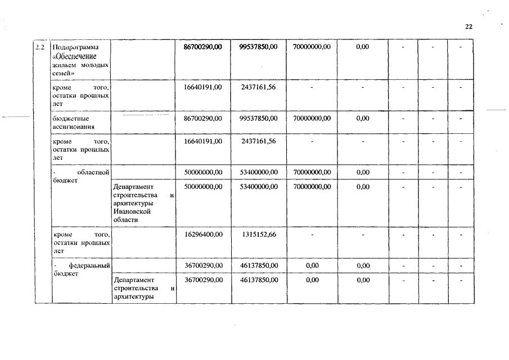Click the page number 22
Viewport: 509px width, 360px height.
click(x=469, y=26)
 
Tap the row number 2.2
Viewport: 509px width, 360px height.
click(x=40, y=47)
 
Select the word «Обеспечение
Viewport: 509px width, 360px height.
click(x=74, y=56)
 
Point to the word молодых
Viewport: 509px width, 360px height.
click(x=95, y=65)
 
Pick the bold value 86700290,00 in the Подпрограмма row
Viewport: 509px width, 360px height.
click(x=203, y=47)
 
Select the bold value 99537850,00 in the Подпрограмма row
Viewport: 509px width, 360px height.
click(x=259, y=47)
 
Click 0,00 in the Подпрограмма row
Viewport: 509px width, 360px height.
click(x=363, y=47)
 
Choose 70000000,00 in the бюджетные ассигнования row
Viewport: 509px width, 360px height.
click(x=312, y=119)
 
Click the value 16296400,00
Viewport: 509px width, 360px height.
click(x=204, y=234)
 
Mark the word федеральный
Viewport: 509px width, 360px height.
click(x=89, y=265)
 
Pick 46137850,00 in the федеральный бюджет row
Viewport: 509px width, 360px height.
click(x=259, y=265)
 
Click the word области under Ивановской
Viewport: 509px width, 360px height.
click(x=125, y=220)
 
